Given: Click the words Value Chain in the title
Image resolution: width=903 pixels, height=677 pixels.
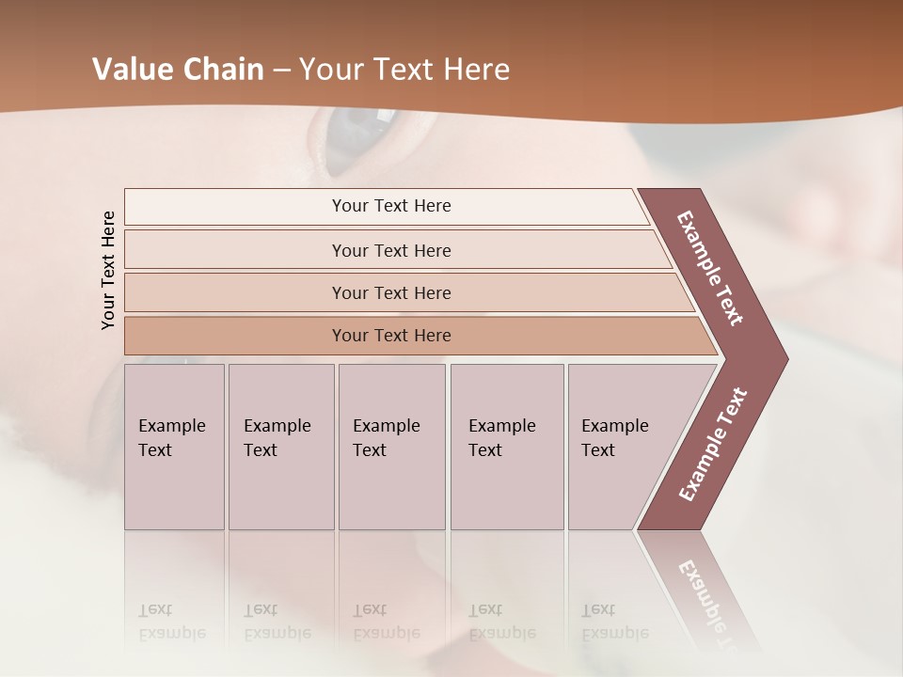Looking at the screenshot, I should tap(178, 69).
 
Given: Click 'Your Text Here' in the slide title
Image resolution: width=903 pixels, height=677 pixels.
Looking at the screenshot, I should tap(404, 69).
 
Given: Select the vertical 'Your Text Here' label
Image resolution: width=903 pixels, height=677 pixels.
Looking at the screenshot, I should tap(108, 270).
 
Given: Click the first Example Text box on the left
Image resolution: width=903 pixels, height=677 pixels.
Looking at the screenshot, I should tap(174, 447).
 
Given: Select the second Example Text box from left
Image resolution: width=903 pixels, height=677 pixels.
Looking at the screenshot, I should tap(281, 447).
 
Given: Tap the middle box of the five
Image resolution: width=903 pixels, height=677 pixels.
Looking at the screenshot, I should tap(391, 447).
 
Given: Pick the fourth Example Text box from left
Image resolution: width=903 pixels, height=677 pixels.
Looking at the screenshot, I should tap(507, 447).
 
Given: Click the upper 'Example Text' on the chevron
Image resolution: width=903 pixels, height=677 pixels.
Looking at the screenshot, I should tap(710, 268).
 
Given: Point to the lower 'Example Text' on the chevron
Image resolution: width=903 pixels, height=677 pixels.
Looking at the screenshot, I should tap(713, 445).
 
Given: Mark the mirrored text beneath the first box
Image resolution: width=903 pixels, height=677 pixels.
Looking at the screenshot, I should tap(171, 622).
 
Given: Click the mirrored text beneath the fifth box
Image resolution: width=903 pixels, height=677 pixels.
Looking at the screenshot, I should tap(614, 622).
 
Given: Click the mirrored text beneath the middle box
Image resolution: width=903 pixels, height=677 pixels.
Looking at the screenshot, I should tap(386, 622).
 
